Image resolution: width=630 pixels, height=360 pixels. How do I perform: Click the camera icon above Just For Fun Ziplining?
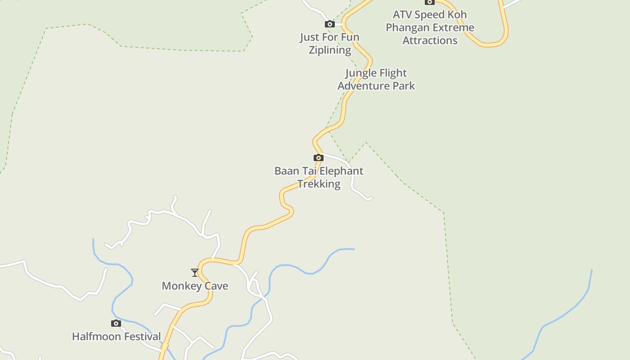(x=330, y=24)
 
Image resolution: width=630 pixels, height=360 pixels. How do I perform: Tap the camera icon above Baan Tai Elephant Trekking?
(x=319, y=157)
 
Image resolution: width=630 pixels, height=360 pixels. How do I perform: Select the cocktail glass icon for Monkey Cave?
(x=195, y=273)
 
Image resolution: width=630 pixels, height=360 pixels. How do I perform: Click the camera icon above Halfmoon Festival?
(x=116, y=323)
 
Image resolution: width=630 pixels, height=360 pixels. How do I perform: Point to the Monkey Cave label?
(x=195, y=286)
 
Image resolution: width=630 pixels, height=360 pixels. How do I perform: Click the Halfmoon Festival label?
(x=117, y=336)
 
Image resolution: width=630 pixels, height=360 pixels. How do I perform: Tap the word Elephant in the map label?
(x=342, y=171)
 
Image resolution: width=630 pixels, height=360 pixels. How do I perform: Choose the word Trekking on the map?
(x=319, y=184)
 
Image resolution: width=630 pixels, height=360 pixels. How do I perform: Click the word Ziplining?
(x=330, y=50)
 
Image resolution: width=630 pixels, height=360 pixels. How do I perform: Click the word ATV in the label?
(x=402, y=14)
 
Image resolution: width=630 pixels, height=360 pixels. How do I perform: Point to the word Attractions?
(x=430, y=40)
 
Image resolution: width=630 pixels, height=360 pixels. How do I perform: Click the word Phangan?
(x=407, y=27)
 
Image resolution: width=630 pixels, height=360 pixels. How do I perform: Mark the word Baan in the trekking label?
(x=286, y=171)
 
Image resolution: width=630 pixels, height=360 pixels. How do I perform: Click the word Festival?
(x=139, y=336)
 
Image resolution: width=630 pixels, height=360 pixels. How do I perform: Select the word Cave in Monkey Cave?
(x=216, y=286)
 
